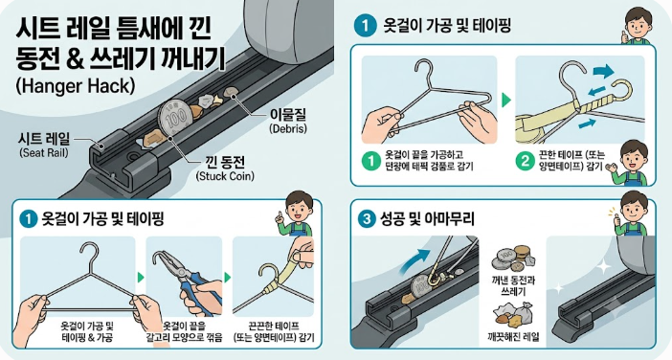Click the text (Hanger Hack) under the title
tap(76, 86)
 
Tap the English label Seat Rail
tap(44, 152)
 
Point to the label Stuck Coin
tap(225, 176)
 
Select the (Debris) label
tap(288, 128)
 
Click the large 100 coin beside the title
tap(173, 117)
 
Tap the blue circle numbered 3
tap(366, 219)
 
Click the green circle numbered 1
tap(371, 160)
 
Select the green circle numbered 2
tap(525, 161)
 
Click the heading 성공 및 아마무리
tap(427, 219)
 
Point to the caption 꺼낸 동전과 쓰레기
tap(513, 286)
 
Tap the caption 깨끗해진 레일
tap(513, 336)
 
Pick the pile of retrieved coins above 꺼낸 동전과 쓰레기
tap(513, 259)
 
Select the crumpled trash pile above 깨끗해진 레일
tap(513, 314)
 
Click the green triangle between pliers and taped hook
tap(228, 278)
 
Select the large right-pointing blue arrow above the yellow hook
tap(604, 71)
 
